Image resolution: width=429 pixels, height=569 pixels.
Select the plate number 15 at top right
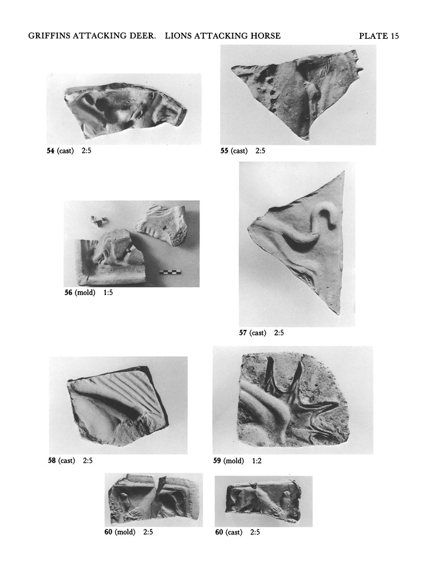pyautogui.click(x=395, y=36)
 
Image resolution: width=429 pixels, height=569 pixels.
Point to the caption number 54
pyautogui.click(x=51, y=151)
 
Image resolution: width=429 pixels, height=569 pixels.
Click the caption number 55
pyautogui.click(x=225, y=151)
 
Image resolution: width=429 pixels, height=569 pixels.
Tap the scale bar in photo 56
pyautogui.click(x=170, y=272)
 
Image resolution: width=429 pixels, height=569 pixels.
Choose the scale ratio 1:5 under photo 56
pyautogui.click(x=108, y=292)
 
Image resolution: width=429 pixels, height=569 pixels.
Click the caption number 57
pyautogui.click(x=243, y=333)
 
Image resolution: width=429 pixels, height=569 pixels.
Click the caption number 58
pyautogui.click(x=52, y=461)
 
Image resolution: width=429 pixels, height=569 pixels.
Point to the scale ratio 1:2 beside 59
pyautogui.click(x=257, y=461)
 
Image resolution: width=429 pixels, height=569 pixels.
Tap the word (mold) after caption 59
pyautogui.click(x=233, y=461)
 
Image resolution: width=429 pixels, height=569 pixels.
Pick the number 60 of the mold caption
pyautogui.click(x=108, y=532)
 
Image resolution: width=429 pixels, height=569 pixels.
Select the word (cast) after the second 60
pyautogui.click(x=234, y=532)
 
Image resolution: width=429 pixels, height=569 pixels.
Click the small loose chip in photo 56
pyautogui.click(x=98, y=221)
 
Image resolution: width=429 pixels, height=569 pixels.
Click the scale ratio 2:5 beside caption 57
pyautogui.click(x=279, y=333)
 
